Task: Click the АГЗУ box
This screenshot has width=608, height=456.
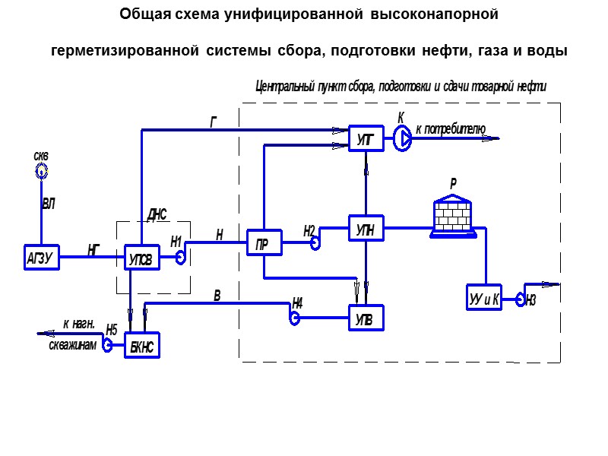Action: (x=40, y=258)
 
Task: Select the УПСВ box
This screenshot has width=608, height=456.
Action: (x=142, y=258)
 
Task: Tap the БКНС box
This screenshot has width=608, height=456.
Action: (x=142, y=346)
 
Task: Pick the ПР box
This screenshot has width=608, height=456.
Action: (x=263, y=243)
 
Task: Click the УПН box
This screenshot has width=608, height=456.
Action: (x=366, y=228)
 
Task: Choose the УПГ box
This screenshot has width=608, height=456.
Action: (x=366, y=138)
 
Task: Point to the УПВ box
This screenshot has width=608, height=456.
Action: (x=366, y=318)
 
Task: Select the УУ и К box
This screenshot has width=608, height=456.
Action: (x=484, y=297)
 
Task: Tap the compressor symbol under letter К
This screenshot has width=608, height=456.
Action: (x=403, y=137)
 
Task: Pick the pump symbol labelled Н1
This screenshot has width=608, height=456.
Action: (x=181, y=257)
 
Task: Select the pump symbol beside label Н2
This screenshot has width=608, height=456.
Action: (x=314, y=241)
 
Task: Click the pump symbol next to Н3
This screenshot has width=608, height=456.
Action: (x=521, y=299)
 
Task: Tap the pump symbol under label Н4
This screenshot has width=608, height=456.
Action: (x=294, y=318)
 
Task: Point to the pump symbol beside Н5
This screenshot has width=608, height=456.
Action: (x=108, y=346)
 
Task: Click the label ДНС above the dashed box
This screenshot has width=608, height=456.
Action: (x=157, y=214)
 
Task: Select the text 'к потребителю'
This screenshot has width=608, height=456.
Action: (x=450, y=128)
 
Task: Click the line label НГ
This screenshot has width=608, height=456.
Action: (x=93, y=248)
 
